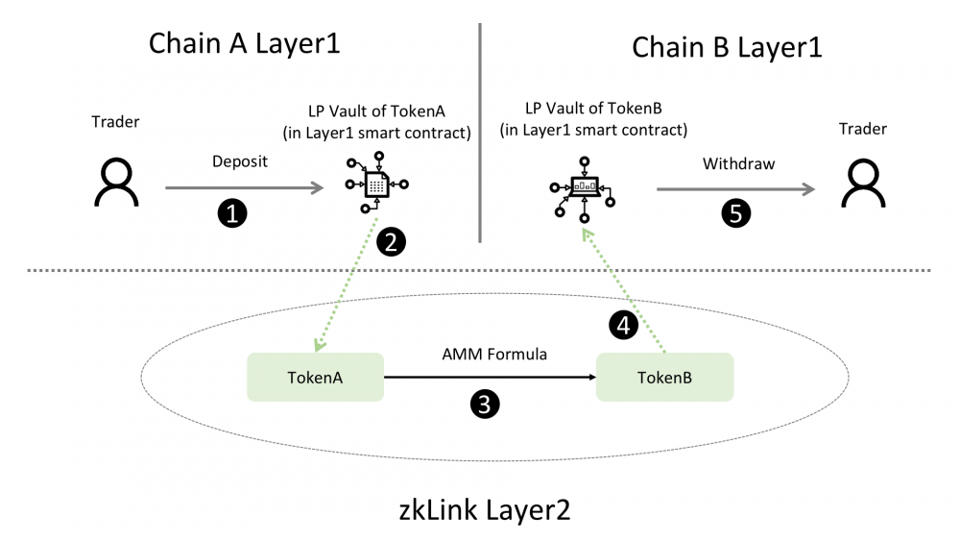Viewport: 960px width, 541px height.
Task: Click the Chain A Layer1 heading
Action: pyautogui.click(x=245, y=44)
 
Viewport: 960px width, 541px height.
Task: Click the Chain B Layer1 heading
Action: pyautogui.click(x=727, y=46)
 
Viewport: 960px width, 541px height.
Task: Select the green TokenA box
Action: pyautogui.click(x=315, y=377)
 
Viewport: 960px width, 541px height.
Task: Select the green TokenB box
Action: pyautogui.click(x=664, y=377)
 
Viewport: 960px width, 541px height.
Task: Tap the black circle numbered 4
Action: pyautogui.click(x=623, y=327)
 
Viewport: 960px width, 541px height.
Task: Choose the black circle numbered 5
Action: pyautogui.click(x=734, y=213)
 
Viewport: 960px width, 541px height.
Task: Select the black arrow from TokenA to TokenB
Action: pyautogui.click(x=490, y=378)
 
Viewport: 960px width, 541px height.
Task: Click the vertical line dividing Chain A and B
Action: pyautogui.click(x=479, y=135)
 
